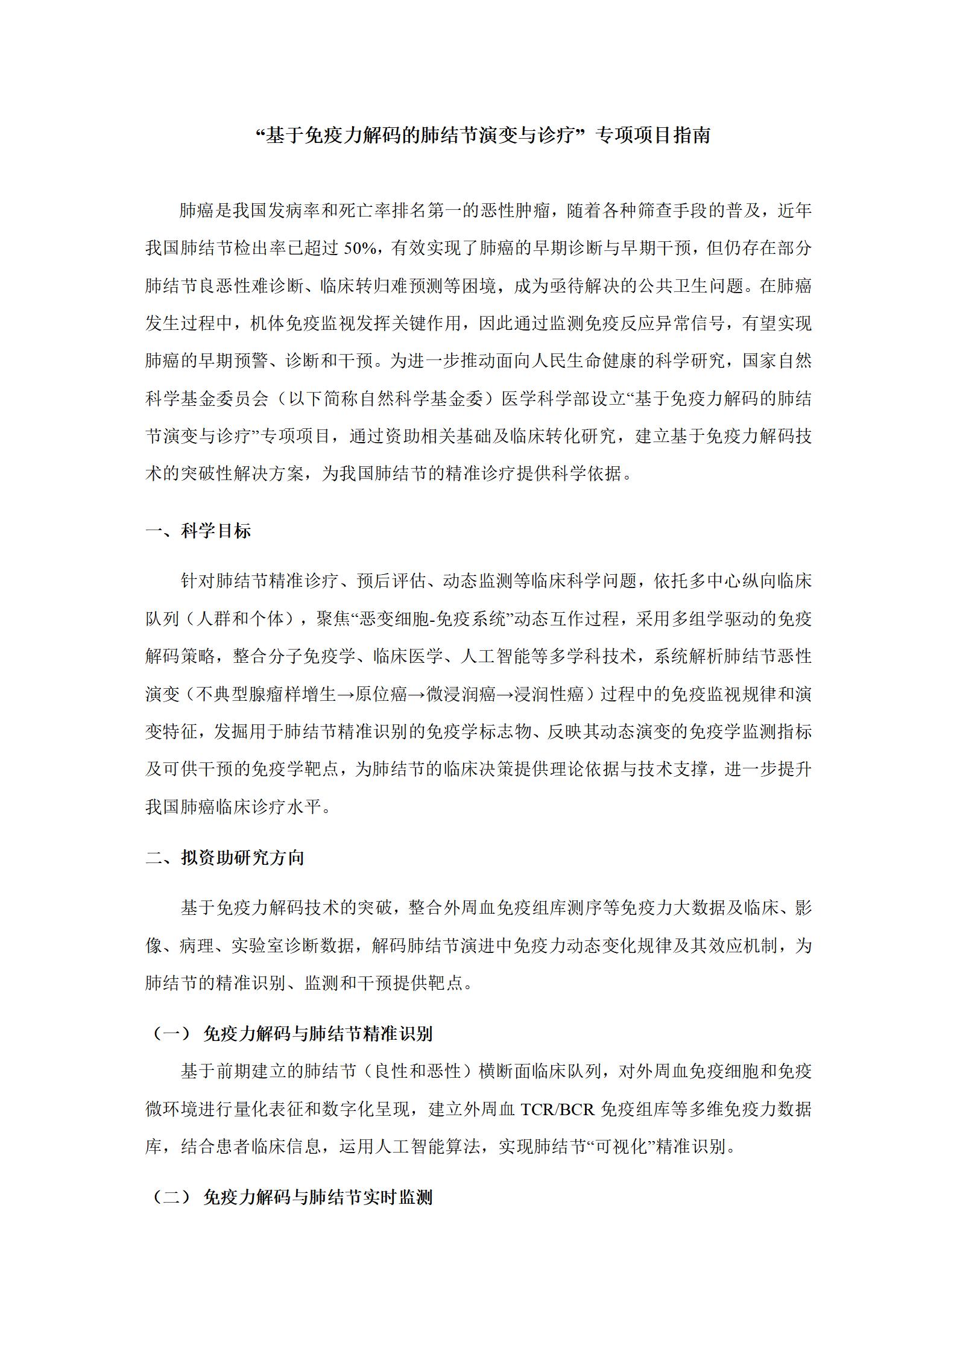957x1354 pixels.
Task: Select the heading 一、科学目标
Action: (198, 531)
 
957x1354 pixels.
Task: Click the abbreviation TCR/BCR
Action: (558, 1110)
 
